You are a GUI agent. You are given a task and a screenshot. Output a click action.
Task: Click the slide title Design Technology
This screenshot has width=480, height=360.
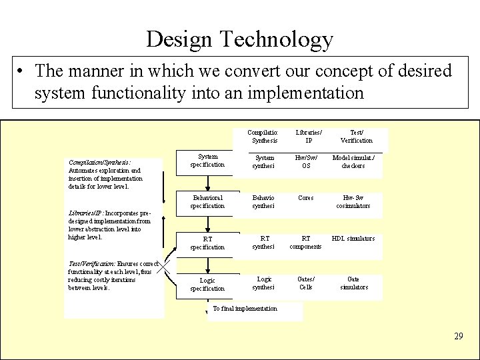[239, 40]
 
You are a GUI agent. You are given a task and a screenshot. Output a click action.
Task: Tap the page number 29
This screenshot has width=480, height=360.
[458, 336]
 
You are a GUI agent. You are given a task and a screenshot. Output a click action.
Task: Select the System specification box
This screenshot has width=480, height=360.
[207, 161]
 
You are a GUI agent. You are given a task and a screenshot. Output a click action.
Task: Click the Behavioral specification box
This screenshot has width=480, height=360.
[207, 202]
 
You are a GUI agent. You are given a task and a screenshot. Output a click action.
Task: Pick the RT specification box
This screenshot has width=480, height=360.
[207, 243]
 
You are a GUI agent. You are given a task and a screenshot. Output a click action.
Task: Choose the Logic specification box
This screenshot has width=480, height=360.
[207, 284]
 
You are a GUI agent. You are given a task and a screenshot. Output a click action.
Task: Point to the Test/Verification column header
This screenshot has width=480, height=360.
[357, 136]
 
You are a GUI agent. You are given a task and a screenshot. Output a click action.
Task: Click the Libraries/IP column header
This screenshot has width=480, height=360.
[308, 136]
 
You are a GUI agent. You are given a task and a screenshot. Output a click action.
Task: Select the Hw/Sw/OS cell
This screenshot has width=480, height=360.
[306, 161]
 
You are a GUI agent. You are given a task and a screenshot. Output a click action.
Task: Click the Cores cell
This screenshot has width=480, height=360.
[306, 198]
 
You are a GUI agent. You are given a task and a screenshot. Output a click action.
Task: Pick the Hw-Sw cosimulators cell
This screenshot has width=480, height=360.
[353, 202]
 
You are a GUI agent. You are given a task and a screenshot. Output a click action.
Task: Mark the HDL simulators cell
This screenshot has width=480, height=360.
[353, 239]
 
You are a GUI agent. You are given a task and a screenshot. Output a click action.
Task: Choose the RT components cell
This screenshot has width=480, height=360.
[306, 243]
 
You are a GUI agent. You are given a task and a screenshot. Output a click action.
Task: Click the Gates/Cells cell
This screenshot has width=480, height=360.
[306, 283]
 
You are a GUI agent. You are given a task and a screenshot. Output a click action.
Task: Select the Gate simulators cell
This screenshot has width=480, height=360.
[353, 283]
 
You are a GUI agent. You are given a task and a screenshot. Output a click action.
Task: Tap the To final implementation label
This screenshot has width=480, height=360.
[245, 309]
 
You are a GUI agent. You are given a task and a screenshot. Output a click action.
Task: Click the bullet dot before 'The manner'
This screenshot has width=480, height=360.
[23, 71]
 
